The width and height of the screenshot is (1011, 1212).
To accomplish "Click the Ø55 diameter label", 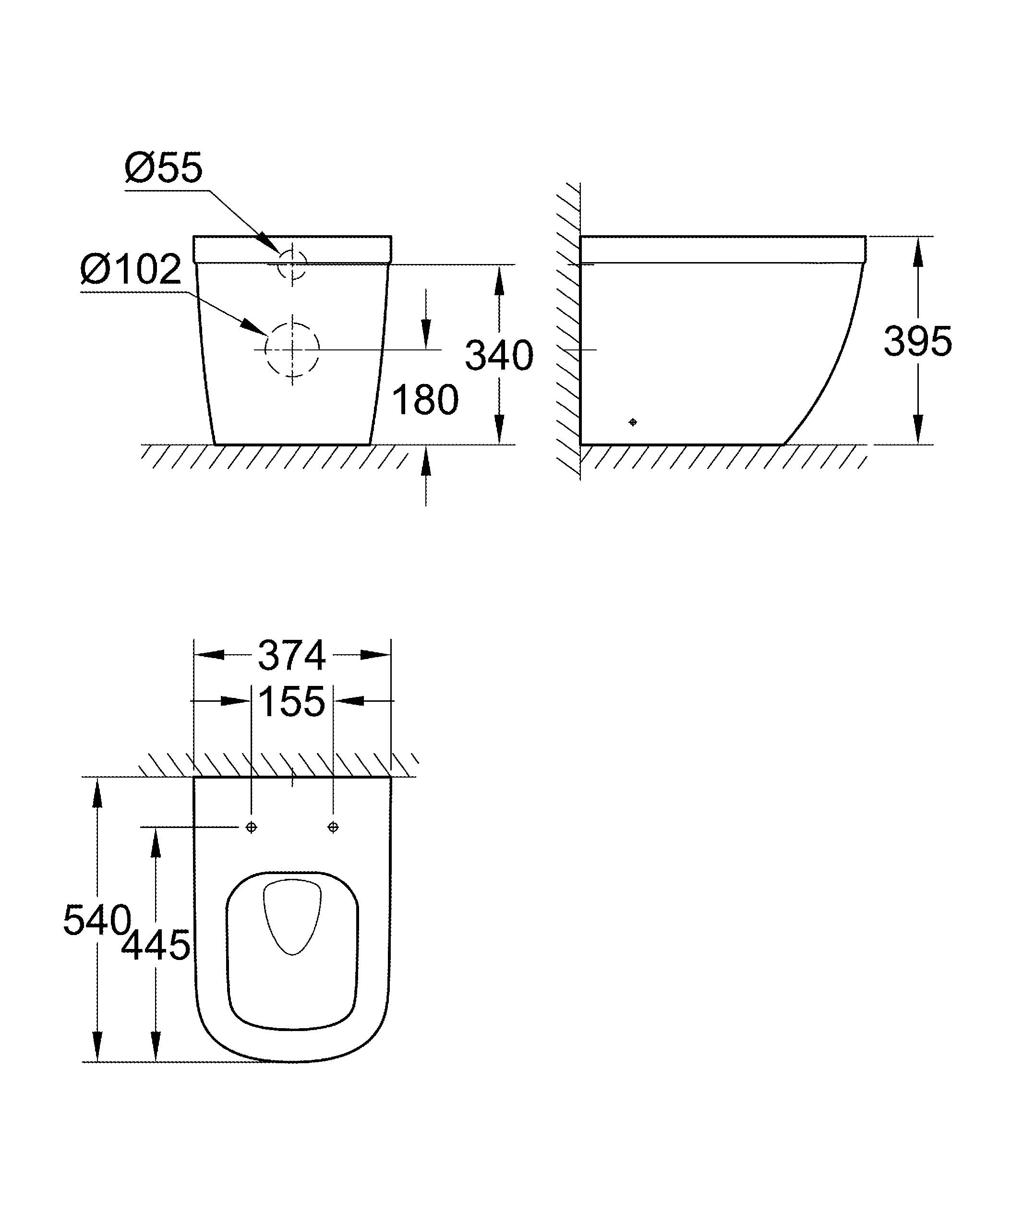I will [164, 168].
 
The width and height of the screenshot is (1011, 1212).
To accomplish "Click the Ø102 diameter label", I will [131, 270].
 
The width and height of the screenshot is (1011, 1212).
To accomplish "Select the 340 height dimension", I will [499, 356].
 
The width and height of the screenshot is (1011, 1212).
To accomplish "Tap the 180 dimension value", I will [425, 400].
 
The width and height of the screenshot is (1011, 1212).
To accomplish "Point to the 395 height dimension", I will [917, 341].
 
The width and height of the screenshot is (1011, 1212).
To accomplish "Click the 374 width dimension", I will [292, 656].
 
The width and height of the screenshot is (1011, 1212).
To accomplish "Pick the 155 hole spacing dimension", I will [291, 702].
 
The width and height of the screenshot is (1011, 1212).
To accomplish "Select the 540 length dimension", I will [96, 920].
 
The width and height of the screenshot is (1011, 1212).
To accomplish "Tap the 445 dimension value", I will [156, 946].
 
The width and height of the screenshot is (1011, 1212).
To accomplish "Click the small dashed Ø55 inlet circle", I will [292, 264].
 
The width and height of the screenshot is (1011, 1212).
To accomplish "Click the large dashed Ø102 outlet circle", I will [292, 349].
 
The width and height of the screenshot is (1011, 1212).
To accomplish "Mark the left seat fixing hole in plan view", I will [251, 828].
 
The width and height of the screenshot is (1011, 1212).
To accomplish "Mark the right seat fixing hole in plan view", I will [333, 828].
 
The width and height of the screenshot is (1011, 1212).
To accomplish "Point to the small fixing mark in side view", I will [633, 422].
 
